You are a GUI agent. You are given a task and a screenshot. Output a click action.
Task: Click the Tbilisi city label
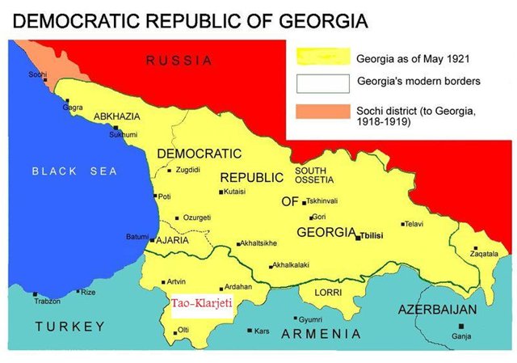376,236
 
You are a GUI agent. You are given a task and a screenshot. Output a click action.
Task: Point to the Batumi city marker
152,240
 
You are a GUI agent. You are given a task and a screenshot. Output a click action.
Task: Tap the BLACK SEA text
74,171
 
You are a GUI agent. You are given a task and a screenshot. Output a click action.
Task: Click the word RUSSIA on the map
179,61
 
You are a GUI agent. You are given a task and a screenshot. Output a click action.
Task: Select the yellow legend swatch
320,57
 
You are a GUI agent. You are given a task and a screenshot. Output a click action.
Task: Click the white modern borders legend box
320,82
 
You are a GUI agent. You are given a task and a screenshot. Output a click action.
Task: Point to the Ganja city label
462,335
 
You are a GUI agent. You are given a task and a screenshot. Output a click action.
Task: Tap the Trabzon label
47,301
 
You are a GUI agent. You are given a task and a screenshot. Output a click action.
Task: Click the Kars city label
262,331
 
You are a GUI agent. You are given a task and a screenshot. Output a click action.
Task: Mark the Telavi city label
415,224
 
